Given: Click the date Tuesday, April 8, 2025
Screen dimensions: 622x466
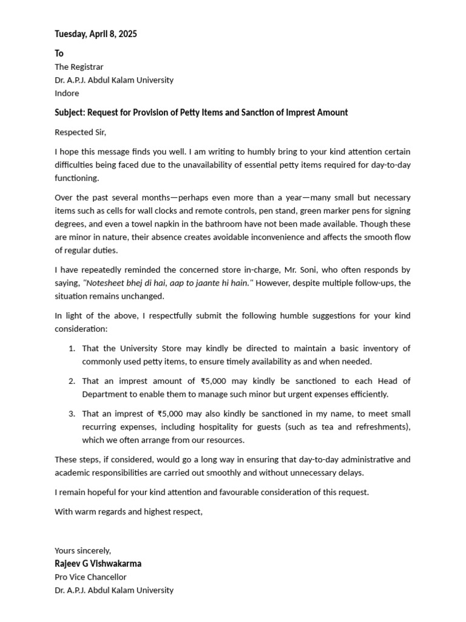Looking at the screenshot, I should pyautogui.click(x=96, y=34).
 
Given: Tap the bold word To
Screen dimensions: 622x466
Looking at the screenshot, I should pyautogui.click(x=59, y=53).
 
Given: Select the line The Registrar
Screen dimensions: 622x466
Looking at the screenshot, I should pyautogui.click(x=79, y=67).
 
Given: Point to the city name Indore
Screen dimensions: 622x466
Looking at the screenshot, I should pyautogui.click(x=67, y=94).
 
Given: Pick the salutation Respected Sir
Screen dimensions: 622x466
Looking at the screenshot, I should pyautogui.click(x=84, y=132).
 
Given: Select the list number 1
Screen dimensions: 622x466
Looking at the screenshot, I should pyautogui.click(x=71, y=349).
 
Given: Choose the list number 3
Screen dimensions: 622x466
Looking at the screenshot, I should pyautogui.click(x=71, y=414).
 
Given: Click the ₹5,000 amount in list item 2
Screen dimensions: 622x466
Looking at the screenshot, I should pyautogui.click(x=215, y=381).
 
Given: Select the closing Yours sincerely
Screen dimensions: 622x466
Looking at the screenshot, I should pyautogui.click(x=83, y=550).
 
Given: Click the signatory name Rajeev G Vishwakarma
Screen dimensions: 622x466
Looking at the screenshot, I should pyautogui.click(x=98, y=564).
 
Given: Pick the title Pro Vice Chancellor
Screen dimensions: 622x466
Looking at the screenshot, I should pyautogui.click(x=90, y=577).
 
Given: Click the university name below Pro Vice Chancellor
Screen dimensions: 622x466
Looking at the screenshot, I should pyautogui.click(x=114, y=590).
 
